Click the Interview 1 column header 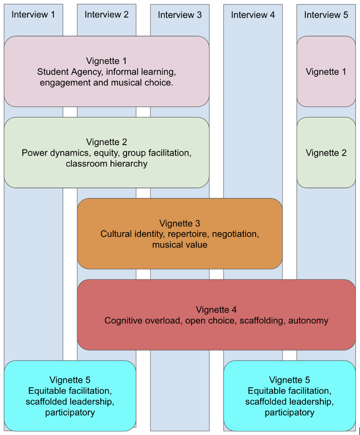point(33,15)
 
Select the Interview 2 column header point(107,15)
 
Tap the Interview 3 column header point(180,15)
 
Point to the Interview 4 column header point(253,15)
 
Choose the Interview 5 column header point(326,15)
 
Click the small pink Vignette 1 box point(326,72)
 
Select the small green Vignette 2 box point(326,153)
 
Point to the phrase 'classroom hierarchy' point(107,164)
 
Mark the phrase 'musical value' point(180,245)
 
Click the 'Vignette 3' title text point(180,223)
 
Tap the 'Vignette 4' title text point(216,310)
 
